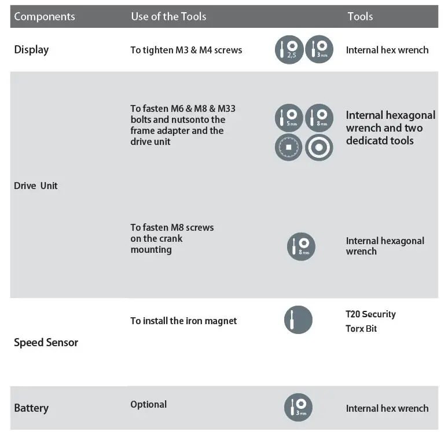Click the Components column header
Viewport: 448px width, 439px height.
click(45, 16)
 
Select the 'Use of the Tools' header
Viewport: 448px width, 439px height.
click(168, 16)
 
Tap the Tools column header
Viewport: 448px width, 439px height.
click(360, 16)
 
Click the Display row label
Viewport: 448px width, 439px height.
click(31, 49)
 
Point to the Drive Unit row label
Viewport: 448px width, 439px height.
click(36, 186)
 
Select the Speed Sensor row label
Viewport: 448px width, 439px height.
click(46, 342)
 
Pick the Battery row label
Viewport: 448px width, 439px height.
click(31, 408)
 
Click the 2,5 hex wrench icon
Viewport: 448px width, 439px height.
click(289, 49)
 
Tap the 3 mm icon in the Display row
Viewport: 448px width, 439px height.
click(319, 49)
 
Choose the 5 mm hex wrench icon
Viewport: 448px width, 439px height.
click(289, 118)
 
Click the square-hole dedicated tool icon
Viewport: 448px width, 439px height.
click(289, 147)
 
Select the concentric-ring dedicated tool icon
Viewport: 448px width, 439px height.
click(319, 147)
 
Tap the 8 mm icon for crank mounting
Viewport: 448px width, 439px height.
click(301, 246)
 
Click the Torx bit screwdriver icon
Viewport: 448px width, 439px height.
click(298, 320)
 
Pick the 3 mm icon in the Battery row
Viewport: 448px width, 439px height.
click(298, 407)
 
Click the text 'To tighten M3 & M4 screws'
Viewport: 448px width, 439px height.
click(186, 50)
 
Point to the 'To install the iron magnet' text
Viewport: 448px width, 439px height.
click(183, 321)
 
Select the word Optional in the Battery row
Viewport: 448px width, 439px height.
click(148, 404)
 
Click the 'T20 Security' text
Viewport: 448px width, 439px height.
click(370, 314)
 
